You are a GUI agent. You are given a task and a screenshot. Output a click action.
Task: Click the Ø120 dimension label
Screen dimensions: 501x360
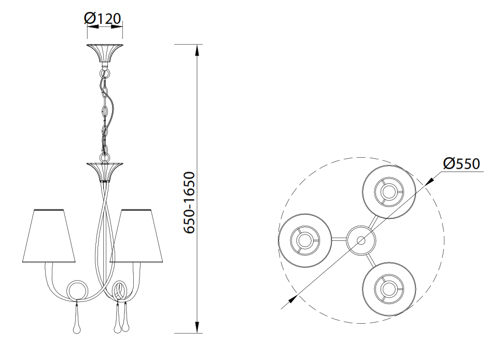(103, 18)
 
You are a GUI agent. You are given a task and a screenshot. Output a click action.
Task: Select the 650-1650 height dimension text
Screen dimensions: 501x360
(189, 202)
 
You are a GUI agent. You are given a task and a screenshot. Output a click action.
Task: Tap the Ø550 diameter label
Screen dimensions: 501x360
(462, 163)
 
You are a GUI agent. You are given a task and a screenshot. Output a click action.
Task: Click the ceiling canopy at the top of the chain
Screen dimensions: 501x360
(104, 53)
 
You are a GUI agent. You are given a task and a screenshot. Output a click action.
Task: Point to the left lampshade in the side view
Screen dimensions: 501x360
(49, 236)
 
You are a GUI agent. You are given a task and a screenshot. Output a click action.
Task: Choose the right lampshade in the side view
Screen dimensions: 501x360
(136, 236)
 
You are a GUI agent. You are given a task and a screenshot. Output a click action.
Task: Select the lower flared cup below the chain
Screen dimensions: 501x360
(104, 172)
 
